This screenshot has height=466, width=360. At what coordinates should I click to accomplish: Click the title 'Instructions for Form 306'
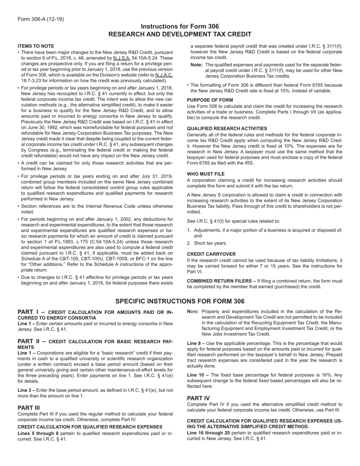(180, 27)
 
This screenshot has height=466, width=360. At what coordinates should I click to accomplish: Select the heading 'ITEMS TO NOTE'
(36, 46)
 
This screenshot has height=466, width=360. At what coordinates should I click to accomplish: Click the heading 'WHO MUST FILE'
(206, 174)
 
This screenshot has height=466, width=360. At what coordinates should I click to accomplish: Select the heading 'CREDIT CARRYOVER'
(211, 254)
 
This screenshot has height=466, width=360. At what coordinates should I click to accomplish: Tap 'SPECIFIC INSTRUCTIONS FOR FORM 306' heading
(180, 302)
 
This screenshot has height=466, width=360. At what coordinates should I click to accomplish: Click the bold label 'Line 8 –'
(196, 343)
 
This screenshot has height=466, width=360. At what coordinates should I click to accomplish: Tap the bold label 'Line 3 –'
(27, 390)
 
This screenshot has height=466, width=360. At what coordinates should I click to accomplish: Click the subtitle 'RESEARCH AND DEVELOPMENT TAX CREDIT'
(180, 34)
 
